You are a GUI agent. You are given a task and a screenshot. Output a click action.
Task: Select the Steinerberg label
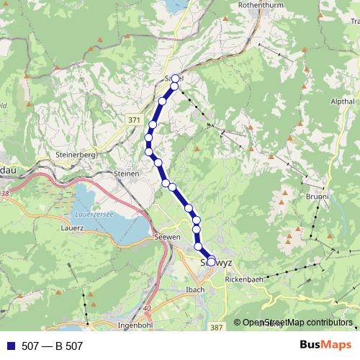[x=71, y=155]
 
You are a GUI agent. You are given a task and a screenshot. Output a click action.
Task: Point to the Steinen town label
[x=125, y=174]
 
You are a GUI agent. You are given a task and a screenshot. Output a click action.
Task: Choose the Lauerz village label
[x=73, y=227]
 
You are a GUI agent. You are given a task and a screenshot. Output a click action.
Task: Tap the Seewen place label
[x=166, y=237]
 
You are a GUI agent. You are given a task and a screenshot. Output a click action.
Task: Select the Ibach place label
[x=196, y=289]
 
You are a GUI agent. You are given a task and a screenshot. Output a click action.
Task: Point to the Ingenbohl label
[x=132, y=325]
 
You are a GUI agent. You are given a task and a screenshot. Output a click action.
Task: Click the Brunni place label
[x=318, y=196]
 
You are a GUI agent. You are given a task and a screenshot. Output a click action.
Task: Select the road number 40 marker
[x=147, y=308]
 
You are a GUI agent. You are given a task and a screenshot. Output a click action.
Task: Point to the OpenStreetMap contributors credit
[x=297, y=323]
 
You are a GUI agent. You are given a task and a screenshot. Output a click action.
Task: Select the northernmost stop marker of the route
[x=175, y=78]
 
